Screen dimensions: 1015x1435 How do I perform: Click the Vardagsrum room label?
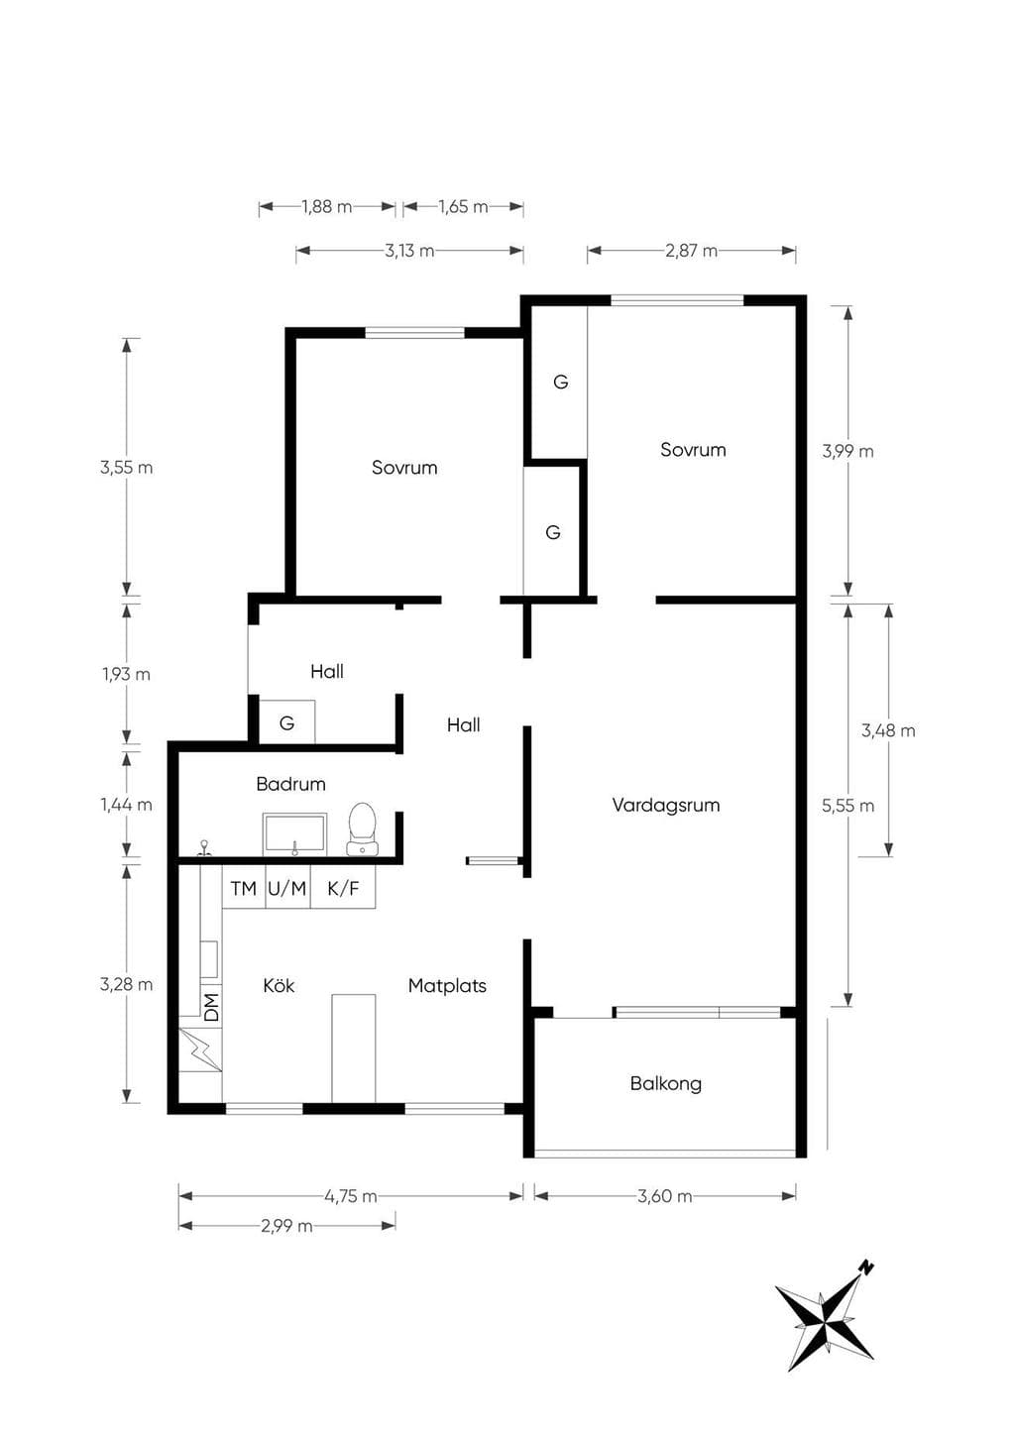(666, 806)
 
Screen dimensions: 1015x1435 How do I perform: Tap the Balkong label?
(666, 1083)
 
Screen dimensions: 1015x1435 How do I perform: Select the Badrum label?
(290, 784)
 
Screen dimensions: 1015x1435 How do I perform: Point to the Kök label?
(279, 985)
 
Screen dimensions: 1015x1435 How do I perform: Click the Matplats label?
(447, 985)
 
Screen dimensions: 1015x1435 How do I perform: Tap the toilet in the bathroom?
(362, 829)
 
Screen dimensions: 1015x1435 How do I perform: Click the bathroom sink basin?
(294, 834)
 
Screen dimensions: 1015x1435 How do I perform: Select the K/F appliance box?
(343, 887)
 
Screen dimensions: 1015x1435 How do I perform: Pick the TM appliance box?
(244, 887)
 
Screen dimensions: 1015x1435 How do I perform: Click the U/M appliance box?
(287, 887)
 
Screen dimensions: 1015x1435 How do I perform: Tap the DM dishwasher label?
(211, 1007)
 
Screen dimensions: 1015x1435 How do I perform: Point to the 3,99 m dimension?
(847, 452)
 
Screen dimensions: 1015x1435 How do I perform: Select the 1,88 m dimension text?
(327, 207)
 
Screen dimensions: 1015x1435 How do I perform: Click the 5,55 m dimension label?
(847, 806)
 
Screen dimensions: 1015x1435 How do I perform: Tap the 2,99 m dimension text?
(286, 1226)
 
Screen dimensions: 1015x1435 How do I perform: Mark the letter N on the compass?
(867, 1268)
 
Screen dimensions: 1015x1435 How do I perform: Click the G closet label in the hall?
(286, 723)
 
